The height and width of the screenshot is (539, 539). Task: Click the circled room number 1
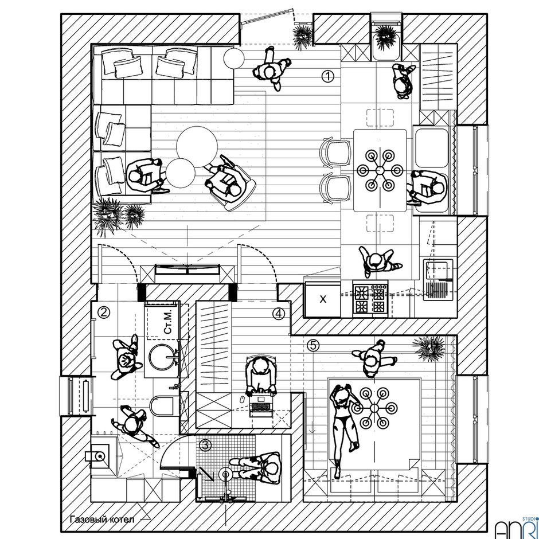327,76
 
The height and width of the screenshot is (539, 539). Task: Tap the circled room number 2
104,313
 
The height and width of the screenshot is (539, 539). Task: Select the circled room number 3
205,445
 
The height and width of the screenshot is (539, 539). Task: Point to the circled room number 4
279,314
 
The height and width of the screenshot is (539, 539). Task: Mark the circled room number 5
313,345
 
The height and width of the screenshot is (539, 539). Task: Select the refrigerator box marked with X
322,299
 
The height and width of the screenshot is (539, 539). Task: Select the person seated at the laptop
261,376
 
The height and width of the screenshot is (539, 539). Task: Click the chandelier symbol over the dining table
380,170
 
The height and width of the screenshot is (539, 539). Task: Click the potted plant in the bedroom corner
428,347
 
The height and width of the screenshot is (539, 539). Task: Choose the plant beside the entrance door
302,36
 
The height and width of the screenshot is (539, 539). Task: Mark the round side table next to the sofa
233,58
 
